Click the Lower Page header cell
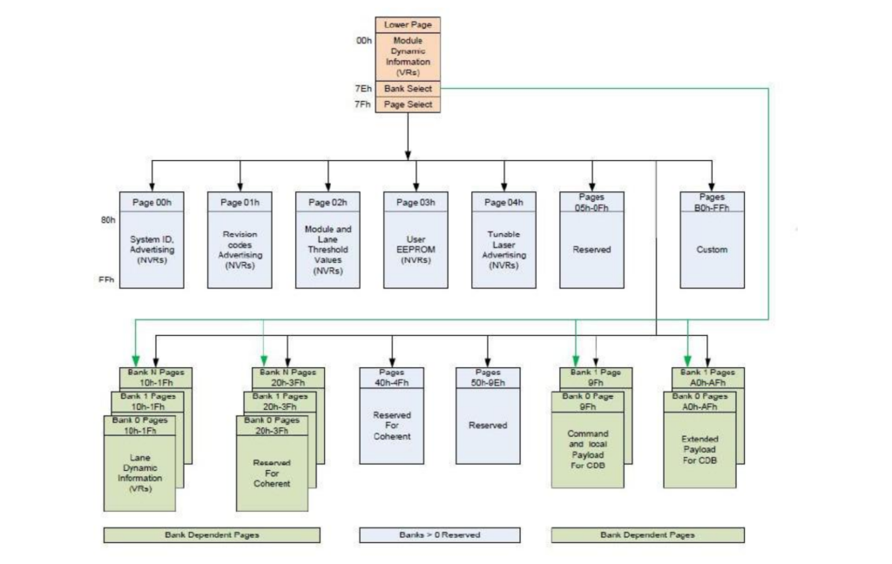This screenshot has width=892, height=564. (408, 25)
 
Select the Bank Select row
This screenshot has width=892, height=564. (408, 89)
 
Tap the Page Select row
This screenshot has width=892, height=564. (408, 104)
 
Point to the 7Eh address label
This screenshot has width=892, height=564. (362, 89)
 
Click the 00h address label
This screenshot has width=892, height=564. (363, 41)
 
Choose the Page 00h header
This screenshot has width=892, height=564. (152, 203)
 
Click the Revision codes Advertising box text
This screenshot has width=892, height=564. (240, 250)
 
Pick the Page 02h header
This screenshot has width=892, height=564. (328, 203)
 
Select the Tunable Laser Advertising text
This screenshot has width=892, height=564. (503, 250)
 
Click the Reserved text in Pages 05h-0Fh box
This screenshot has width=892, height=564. (592, 250)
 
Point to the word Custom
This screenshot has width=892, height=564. (712, 250)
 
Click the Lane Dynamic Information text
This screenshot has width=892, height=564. (139, 473)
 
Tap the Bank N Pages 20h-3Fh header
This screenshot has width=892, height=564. (287, 377)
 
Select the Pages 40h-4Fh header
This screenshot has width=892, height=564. (392, 377)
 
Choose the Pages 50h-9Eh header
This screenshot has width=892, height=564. (488, 377)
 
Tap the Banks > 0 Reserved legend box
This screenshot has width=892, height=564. (439, 534)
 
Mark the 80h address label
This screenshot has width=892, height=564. (108, 220)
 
